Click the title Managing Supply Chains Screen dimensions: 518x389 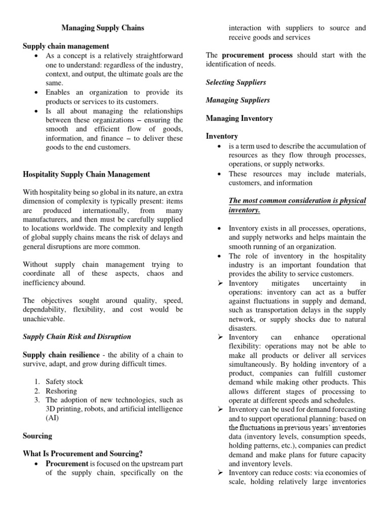103,28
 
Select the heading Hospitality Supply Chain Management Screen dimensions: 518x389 87,174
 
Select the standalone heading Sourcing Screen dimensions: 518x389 37,435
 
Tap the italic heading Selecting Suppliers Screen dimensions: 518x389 236,82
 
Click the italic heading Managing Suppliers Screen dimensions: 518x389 238,100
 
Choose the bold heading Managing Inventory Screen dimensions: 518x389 239,118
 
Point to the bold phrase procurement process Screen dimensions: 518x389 250,55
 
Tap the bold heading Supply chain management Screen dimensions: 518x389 66,46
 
